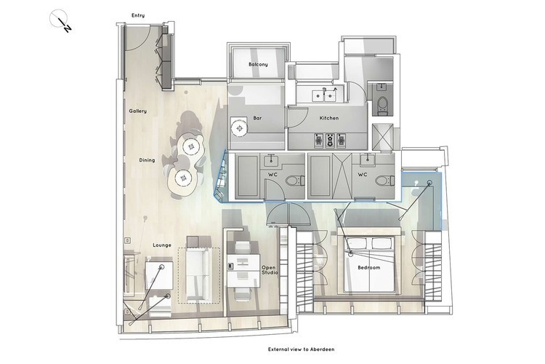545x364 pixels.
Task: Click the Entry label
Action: tap(138, 16)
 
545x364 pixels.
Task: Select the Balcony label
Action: tap(258, 65)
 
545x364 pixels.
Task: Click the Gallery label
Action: tap(137, 111)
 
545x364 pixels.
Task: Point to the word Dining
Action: tap(147, 160)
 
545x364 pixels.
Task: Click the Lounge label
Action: tap(162, 245)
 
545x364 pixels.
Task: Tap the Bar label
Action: tap(257, 118)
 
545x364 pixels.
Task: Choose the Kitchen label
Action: tap(328, 118)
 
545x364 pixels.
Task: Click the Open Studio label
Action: tap(270, 270)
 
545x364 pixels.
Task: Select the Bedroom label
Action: tap(368, 267)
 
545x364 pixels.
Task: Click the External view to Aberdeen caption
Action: tap(302, 349)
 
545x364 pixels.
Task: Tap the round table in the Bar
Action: tap(239, 130)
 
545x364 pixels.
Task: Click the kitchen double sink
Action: tap(324, 95)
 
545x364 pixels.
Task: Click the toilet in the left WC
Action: tap(295, 181)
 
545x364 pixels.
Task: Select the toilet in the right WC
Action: tap(384, 181)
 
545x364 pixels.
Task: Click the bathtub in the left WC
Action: tap(247, 177)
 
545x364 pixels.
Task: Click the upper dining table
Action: tap(190, 147)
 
